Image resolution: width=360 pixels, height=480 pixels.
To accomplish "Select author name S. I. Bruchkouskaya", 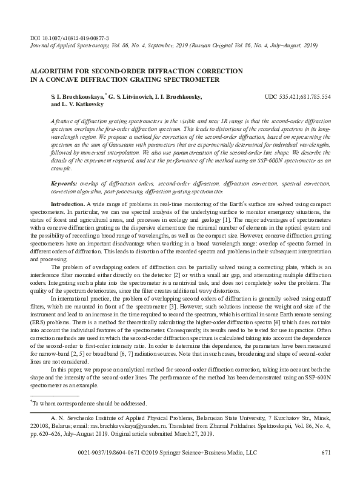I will pos(78,96).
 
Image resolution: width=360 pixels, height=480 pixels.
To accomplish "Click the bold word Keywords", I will pos(64,183).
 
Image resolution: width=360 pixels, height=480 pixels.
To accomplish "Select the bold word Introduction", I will pos(68,204).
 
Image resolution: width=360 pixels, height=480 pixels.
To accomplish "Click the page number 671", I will pos(326,452).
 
